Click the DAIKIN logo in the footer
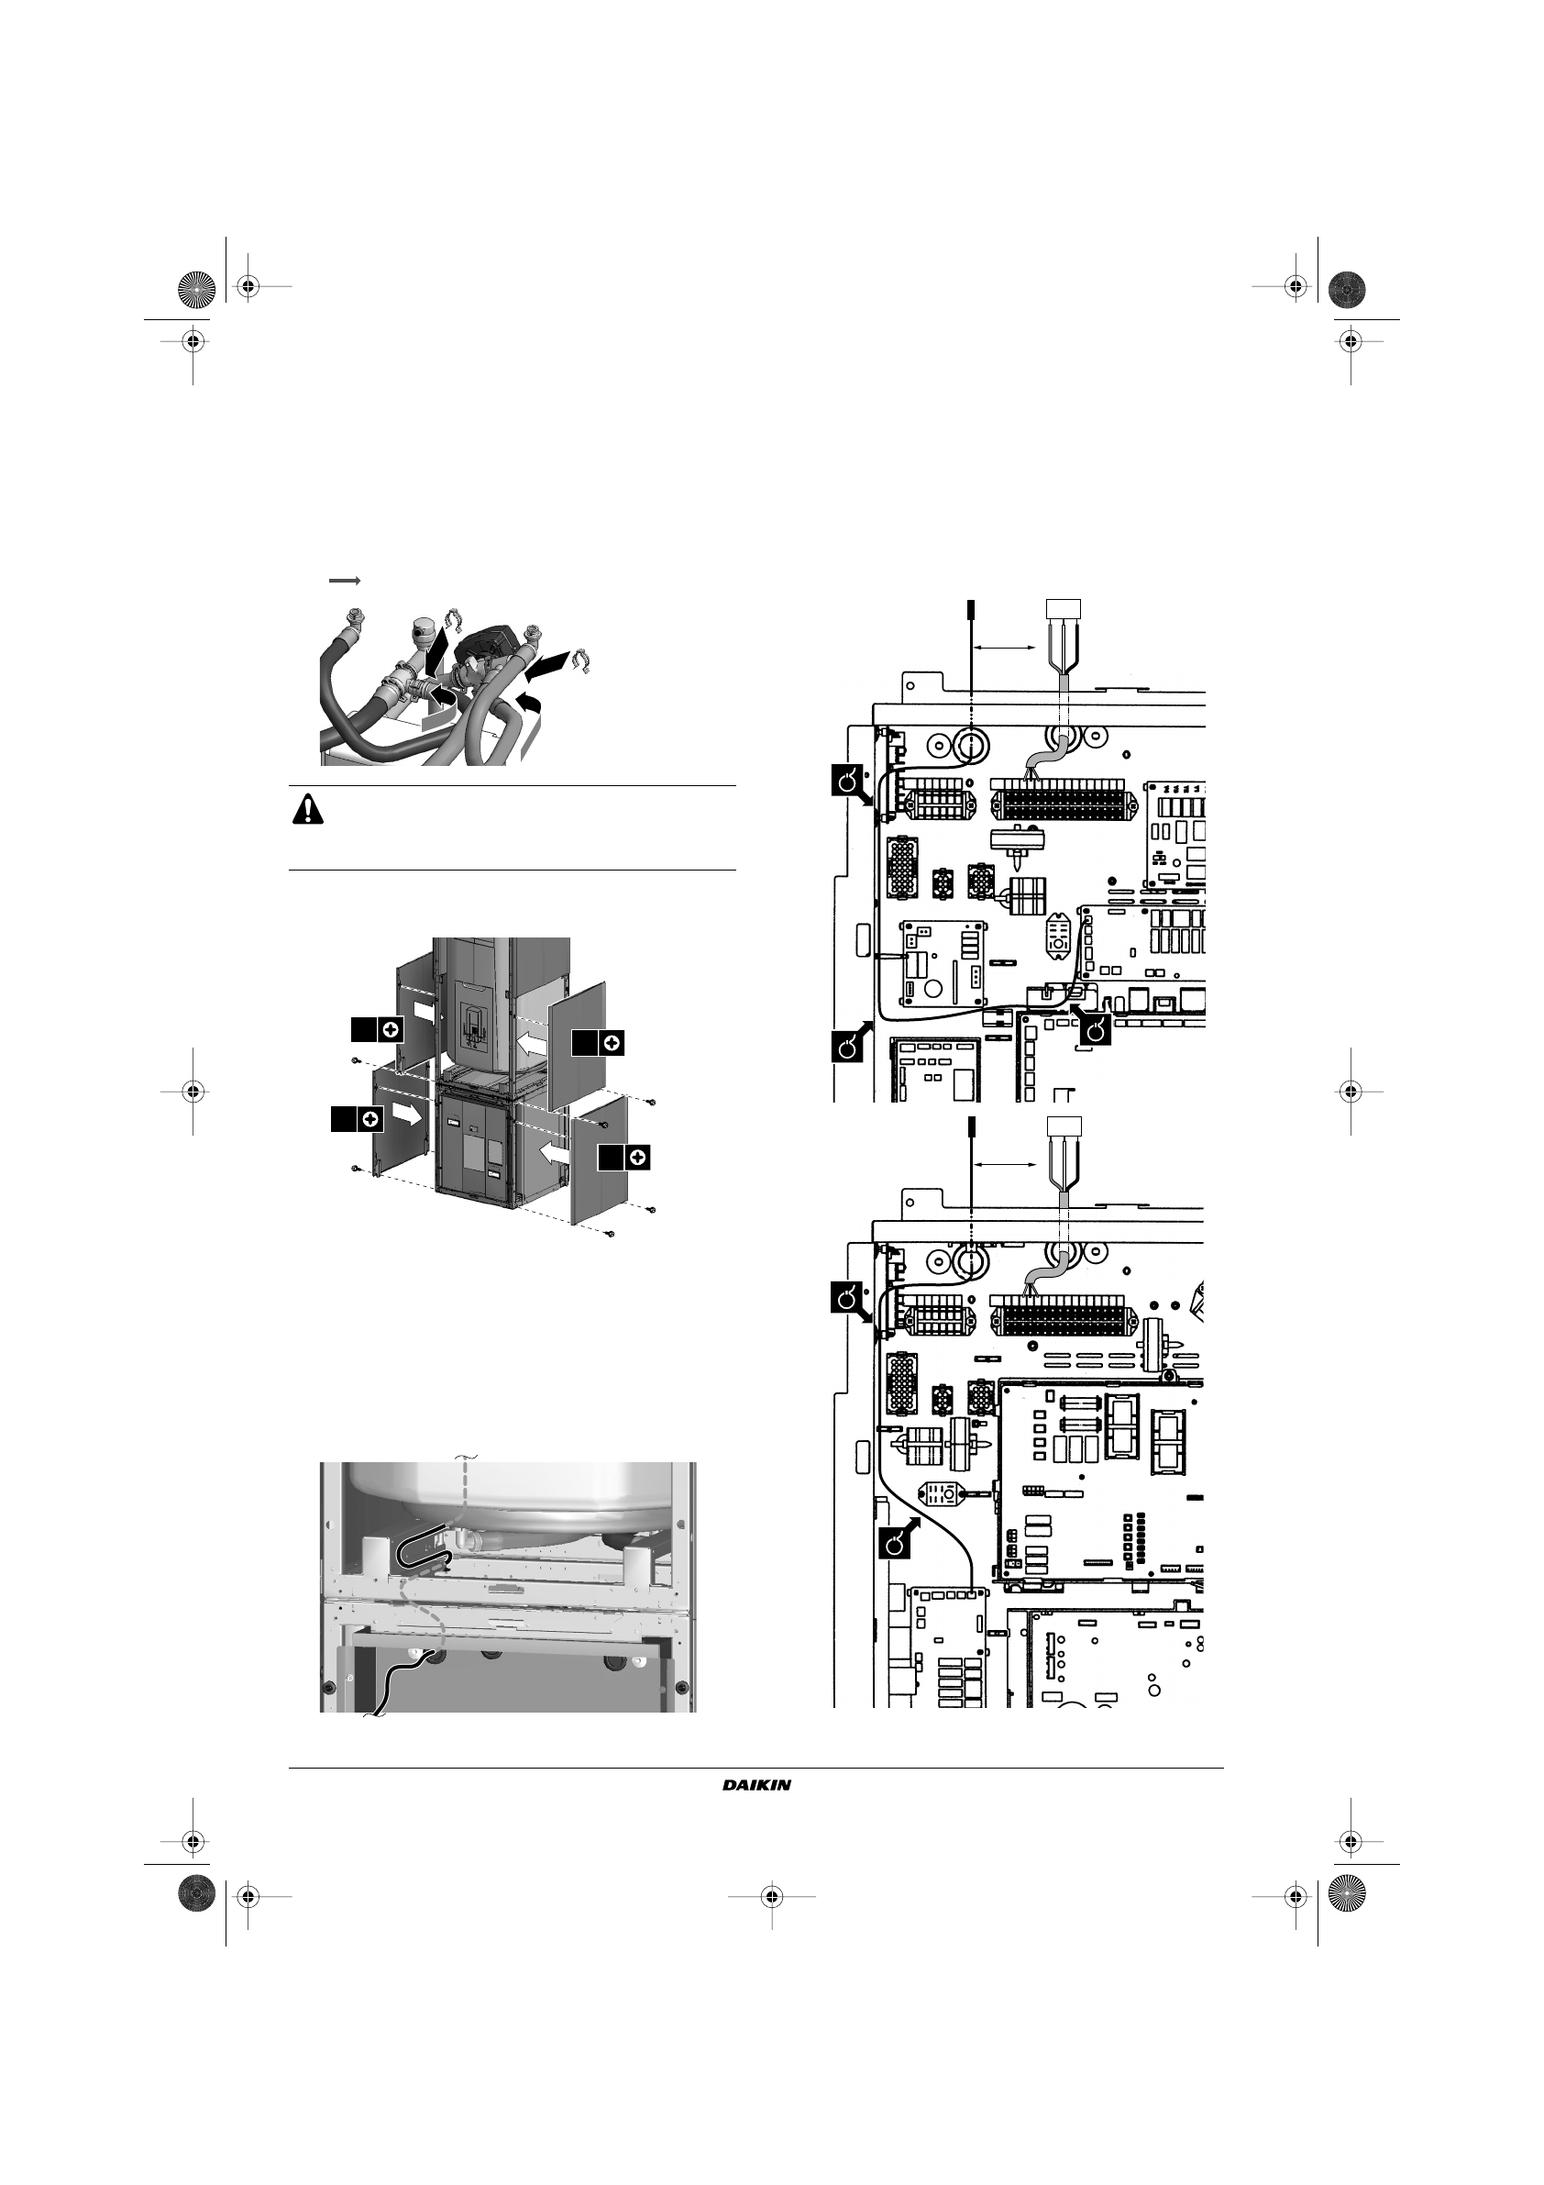click(x=756, y=1784)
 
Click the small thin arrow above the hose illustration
click(x=345, y=580)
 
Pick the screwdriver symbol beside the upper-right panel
click(x=612, y=1043)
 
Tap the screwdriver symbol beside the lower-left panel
click(x=370, y=1119)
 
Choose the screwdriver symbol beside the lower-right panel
click(x=638, y=1158)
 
